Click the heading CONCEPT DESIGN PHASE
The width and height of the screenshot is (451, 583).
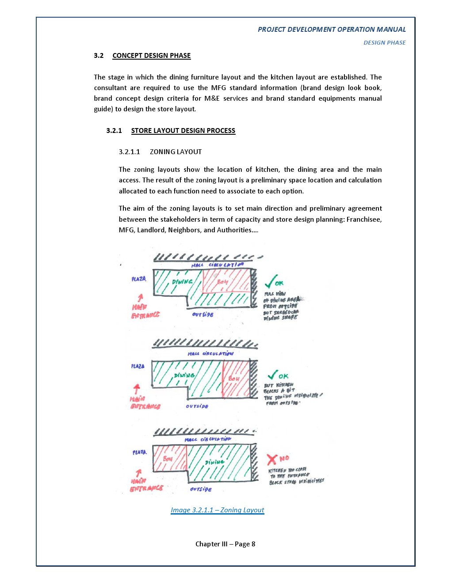[x=151, y=56]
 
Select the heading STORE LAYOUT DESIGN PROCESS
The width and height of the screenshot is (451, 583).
[x=183, y=131]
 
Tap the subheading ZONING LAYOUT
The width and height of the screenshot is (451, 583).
[x=176, y=152]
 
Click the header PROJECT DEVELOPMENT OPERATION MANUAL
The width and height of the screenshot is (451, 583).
[x=332, y=30]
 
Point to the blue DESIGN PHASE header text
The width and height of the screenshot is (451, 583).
[x=384, y=43]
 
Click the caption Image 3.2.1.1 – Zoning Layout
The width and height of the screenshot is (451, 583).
[x=217, y=510]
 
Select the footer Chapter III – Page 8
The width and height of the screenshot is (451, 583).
[x=225, y=544]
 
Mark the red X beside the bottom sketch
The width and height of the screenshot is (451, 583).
[x=272, y=459]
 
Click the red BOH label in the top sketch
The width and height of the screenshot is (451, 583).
[x=222, y=282]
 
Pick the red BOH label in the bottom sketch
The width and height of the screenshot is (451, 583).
[x=168, y=459]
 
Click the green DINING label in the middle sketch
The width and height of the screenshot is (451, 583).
[x=184, y=375]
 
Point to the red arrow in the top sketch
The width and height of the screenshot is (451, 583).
[x=140, y=298]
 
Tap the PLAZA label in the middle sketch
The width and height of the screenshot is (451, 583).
[x=138, y=366]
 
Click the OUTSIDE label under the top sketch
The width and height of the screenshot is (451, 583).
[x=203, y=314]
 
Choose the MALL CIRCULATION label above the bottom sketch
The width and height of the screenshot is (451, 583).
[x=207, y=439]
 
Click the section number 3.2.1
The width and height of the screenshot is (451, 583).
[x=114, y=131]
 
